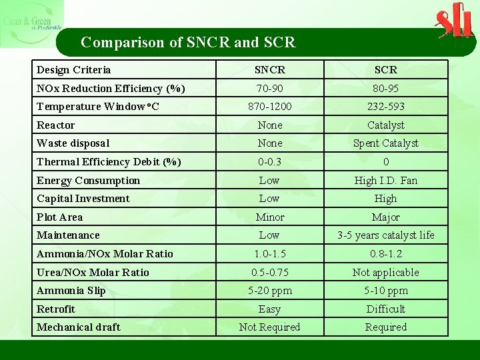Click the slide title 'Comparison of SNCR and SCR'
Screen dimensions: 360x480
pyautogui.click(x=188, y=43)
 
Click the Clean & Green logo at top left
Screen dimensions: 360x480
pyautogui.click(x=31, y=23)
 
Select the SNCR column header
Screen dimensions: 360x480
pyautogui.click(x=270, y=70)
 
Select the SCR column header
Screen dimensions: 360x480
pyautogui.click(x=385, y=70)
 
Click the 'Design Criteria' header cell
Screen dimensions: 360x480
pyautogui.click(x=74, y=70)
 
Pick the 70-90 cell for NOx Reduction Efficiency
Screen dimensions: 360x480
pyautogui.click(x=270, y=89)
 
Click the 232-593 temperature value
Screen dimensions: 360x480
pyautogui.click(x=385, y=107)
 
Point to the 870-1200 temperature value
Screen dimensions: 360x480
pyautogui.click(x=270, y=107)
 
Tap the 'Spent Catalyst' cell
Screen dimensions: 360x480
pyautogui.click(x=385, y=143)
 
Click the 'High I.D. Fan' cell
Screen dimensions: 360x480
pyautogui.click(x=385, y=181)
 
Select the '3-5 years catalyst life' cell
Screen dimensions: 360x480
pyautogui.click(x=385, y=235)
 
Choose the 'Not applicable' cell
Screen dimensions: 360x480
pyautogui.click(x=385, y=273)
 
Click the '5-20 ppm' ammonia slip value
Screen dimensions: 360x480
pyautogui.click(x=270, y=291)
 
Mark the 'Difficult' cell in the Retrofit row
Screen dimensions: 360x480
pyautogui.click(x=385, y=309)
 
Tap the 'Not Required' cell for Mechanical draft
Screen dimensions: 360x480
pyautogui.click(x=270, y=327)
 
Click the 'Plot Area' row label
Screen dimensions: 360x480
pyautogui.click(x=60, y=217)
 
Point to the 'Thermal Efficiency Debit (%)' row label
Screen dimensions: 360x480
pyautogui.click(x=109, y=162)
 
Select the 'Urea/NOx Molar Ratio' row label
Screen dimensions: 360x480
pyautogui.click(x=93, y=273)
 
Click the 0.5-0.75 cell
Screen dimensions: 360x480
pyautogui.click(x=270, y=273)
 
